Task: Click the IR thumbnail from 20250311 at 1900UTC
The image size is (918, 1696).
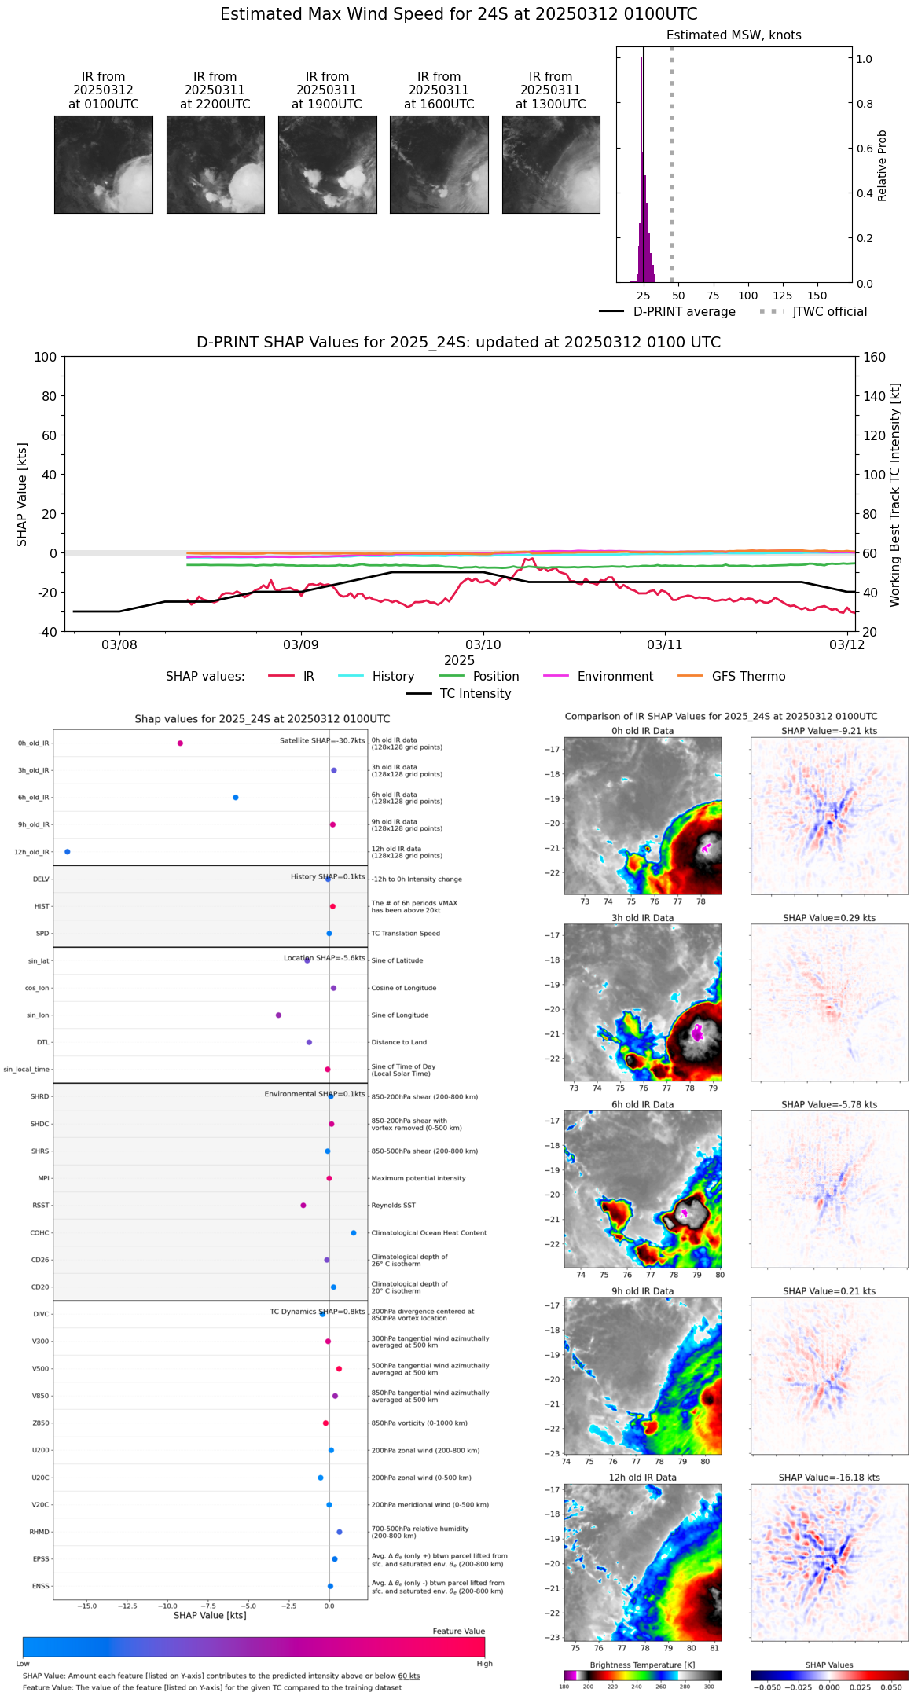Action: click(327, 164)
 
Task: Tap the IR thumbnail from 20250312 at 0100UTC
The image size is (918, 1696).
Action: click(104, 164)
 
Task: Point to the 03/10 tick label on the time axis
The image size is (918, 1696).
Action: click(483, 645)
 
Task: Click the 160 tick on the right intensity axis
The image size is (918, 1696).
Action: click(874, 358)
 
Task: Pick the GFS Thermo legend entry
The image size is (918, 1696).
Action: click(748, 677)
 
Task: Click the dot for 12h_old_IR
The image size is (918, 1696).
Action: click(68, 852)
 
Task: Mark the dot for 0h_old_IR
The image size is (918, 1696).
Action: click(180, 743)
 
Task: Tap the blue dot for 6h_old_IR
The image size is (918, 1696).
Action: click(236, 798)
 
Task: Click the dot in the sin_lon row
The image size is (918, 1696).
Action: click(278, 1015)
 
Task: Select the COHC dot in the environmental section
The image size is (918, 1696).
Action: click(354, 1233)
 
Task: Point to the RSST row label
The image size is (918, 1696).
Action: click(40, 1206)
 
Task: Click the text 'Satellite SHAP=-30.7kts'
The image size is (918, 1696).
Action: click(322, 741)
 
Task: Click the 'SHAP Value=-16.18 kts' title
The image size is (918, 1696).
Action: click(828, 1478)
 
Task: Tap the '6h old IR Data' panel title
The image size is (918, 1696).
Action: click(642, 1104)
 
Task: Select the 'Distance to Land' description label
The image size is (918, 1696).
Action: click(400, 1043)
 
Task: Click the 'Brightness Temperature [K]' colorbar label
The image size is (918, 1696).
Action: click(642, 1665)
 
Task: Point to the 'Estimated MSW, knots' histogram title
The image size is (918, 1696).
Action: click(733, 35)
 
